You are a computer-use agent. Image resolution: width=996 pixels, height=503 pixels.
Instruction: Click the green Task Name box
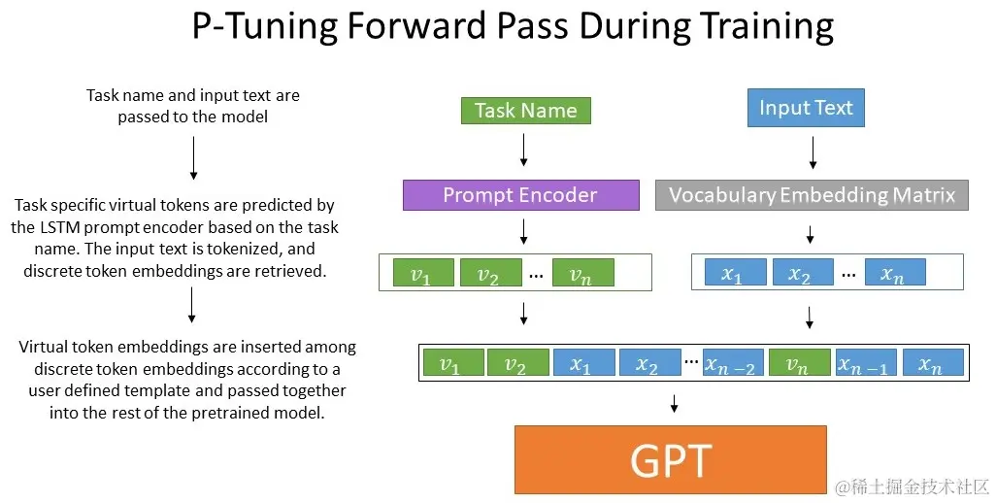[x=525, y=111]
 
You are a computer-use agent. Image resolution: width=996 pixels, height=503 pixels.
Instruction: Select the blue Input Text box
[x=806, y=108]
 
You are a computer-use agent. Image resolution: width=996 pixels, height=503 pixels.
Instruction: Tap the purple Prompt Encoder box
[x=520, y=195]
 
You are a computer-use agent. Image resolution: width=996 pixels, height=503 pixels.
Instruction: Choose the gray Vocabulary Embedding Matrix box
[x=812, y=195]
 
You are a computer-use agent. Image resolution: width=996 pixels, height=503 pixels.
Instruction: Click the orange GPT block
[x=671, y=460]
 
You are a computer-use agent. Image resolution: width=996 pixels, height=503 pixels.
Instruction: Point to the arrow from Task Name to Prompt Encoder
[x=524, y=150]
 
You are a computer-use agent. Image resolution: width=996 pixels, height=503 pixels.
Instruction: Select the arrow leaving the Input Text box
[x=812, y=150]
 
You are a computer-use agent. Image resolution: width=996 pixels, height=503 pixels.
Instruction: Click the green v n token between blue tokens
[x=798, y=364]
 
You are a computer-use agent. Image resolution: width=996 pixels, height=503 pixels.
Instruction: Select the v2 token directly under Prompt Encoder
[x=487, y=273]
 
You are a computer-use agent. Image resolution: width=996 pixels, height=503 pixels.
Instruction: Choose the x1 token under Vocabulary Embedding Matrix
[x=731, y=273]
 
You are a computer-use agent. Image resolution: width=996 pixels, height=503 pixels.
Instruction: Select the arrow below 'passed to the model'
[x=193, y=157]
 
